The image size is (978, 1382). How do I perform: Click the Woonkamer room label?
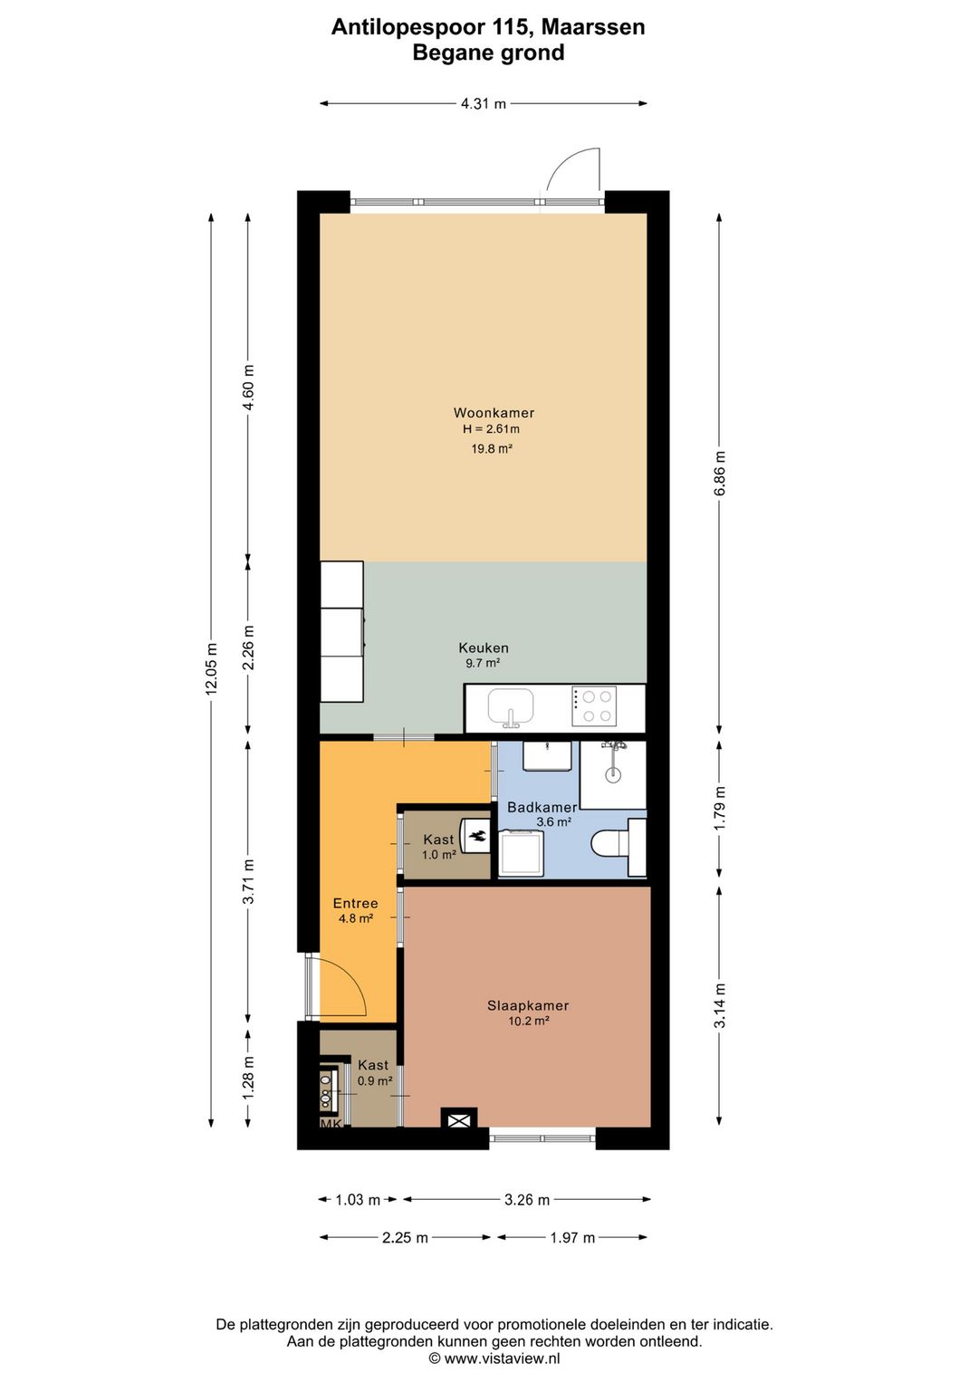coord(494,413)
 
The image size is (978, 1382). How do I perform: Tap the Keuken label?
coord(484,648)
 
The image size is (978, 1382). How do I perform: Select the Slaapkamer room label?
coord(528,1005)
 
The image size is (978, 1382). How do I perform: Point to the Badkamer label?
coord(542,807)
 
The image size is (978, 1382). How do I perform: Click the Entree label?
coord(355,903)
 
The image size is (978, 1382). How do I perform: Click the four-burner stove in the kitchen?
coord(594,706)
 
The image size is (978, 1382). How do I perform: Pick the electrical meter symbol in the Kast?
coord(476,836)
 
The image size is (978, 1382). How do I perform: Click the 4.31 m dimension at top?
coord(484,104)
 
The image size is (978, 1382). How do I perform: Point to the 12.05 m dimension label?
coord(212,668)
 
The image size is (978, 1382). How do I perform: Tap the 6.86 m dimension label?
coord(720,474)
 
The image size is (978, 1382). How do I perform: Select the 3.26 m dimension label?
coord(527,1200)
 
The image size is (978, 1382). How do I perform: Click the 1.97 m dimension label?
coord(572,1238)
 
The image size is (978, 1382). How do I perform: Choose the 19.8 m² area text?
coord(492,448)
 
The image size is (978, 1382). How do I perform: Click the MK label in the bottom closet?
coord(331,1124)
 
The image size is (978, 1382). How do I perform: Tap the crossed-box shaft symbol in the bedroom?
coord(459,1120)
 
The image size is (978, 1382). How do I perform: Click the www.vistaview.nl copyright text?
coord(494,1358)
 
